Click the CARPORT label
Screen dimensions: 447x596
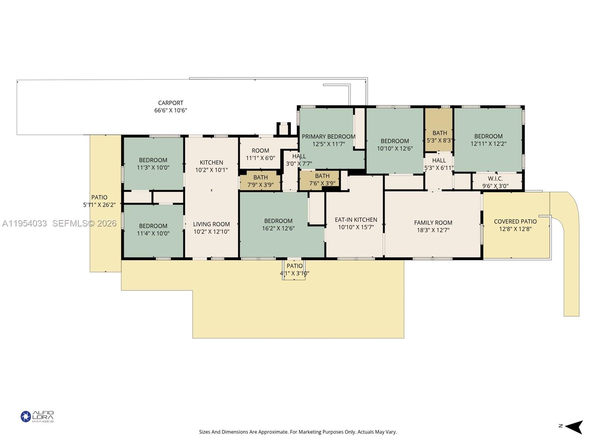pos(171,103)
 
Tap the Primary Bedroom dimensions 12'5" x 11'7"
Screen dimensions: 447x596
pos(329,144)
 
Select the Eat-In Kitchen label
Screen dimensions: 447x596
pos(356,220)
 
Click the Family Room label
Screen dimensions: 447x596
pos(433,223)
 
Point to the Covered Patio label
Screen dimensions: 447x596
pos(515,222)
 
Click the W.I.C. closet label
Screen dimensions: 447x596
pos(495,179)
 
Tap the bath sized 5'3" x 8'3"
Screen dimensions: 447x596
pos(440,137)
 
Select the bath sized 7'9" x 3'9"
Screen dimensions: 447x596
pos(260,181)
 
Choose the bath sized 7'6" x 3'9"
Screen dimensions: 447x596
pos(322,180)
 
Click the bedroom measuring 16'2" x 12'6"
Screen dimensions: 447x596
pos(278,225)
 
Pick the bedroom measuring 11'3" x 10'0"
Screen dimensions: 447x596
pos(153,164)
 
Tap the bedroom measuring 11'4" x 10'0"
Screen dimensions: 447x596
pos(153,229)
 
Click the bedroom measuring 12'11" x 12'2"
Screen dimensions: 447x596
pos(488,140)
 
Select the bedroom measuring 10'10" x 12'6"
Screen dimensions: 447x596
pos(395,145)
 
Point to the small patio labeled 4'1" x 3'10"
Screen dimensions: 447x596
pos(294,269)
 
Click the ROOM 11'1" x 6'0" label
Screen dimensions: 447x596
pos(260,154)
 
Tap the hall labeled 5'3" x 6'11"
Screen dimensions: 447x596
pos(439,164)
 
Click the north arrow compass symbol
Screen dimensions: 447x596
pos(574,427)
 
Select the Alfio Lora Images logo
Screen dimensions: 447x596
pos(37,416)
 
